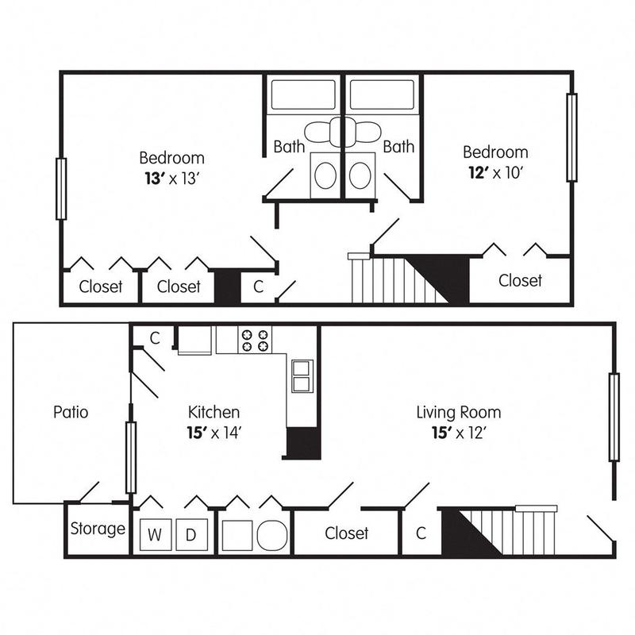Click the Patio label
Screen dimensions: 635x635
71,412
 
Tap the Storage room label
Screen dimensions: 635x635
98,529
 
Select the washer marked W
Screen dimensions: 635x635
156,534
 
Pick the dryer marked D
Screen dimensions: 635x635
190,534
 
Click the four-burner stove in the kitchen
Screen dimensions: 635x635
255,340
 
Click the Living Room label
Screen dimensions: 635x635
459,412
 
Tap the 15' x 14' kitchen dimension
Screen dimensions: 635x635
214,433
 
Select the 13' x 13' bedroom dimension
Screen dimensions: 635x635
171,177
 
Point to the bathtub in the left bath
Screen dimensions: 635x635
303,94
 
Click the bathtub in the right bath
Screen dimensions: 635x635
383,94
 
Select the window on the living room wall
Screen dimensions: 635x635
614,417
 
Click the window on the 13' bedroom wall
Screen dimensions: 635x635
60,188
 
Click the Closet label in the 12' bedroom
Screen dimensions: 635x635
520,280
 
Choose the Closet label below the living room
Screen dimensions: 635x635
347,533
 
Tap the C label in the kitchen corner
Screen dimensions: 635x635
155,337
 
